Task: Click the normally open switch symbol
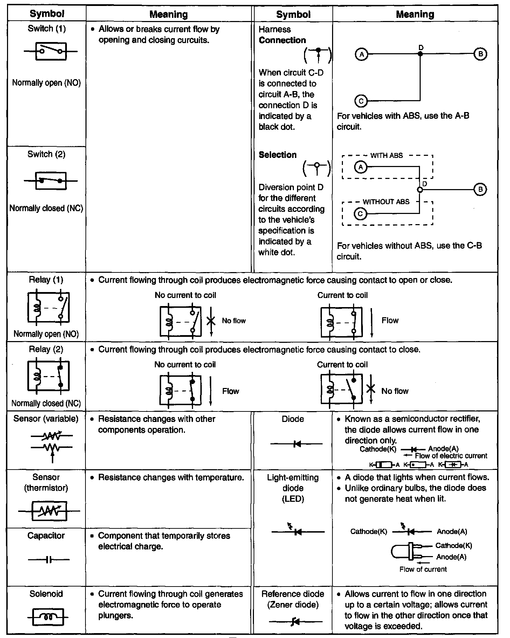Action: pyautogui.click(x=51, y=51)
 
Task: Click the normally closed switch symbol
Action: pyautogui.click(x=51, y=181)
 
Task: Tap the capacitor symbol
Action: pyautogui.click(x=49, y=560)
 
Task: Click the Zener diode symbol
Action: pyautogui.click(x=295, y=622)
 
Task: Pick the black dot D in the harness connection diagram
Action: pyautogui.click(x=420, y=54)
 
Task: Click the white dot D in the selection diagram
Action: pyautogui.click(x=420, y=189)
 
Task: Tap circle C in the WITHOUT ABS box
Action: pyautogui.click(x=360, y=213)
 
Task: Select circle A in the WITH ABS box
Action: pyautogui.click(x=360, y=167)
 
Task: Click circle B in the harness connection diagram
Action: pyautogui.click(x=480, y=54)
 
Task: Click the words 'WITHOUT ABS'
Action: pyautogui.click(x=386, y=202)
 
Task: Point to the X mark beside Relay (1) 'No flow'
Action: pyautogui.click(x=211, y=320)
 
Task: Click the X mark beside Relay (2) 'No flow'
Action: pyautogui.click(x=371, y=389)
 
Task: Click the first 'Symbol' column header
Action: pyautogui.click(x=47, y=14)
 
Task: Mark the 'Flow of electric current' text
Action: pyautogui.click(x=451, y=456)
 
